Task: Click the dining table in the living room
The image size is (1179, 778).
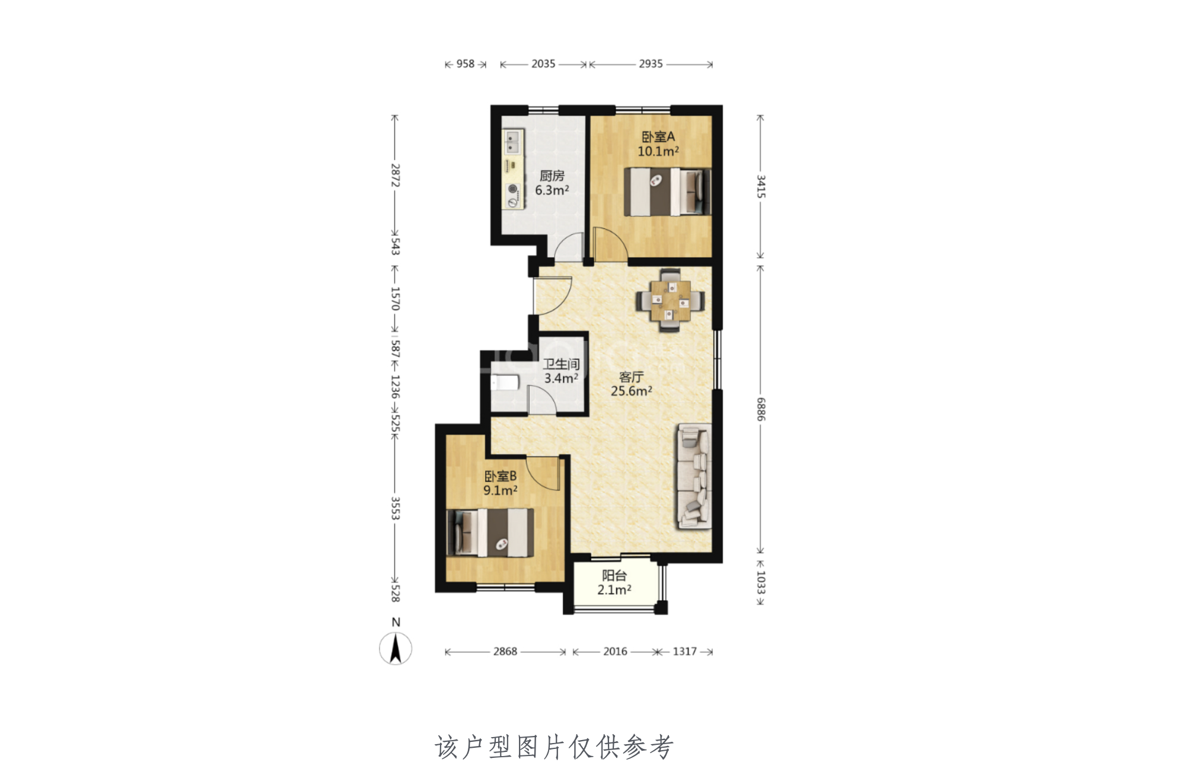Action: tap(671, 301)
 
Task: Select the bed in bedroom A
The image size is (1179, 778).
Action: tap(668, 192)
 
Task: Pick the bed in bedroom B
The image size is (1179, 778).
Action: tap(490, 533)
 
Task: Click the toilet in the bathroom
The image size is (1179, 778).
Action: tap(505, 382)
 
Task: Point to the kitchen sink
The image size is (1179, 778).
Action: tap(512, 141)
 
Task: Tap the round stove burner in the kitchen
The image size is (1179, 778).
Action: tap(513, 189)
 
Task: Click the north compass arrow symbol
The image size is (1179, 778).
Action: tap(396, 649)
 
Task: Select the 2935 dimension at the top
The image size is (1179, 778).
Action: tap(651, 64)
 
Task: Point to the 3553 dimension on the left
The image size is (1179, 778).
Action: tap(395, 508)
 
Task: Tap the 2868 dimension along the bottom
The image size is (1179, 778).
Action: tap(505, 652)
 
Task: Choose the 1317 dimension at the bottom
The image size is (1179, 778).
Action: tap(684, 652)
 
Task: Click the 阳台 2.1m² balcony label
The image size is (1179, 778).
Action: tap(614, 582)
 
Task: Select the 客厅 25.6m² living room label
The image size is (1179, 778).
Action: tap(632, 384)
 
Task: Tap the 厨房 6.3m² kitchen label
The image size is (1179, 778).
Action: tap(552, 183)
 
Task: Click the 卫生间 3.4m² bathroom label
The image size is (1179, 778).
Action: tap(561, 371)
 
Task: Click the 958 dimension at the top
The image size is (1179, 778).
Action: tap(466, 64)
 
